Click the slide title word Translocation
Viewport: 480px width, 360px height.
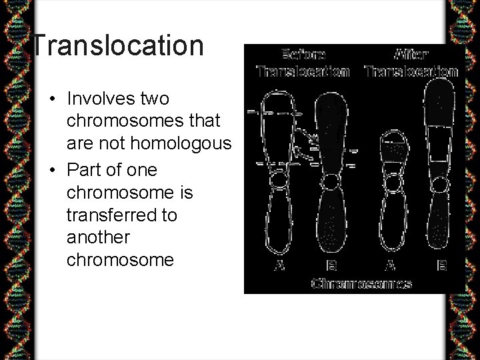118,45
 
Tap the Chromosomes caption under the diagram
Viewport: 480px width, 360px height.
361,283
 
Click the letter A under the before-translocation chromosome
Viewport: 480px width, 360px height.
280,265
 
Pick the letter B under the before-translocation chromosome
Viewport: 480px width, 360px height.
331,265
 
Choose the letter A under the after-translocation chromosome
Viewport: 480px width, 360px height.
391,265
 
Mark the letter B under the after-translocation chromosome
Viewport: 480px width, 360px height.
440,265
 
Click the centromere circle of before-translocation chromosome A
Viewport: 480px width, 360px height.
279,179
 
